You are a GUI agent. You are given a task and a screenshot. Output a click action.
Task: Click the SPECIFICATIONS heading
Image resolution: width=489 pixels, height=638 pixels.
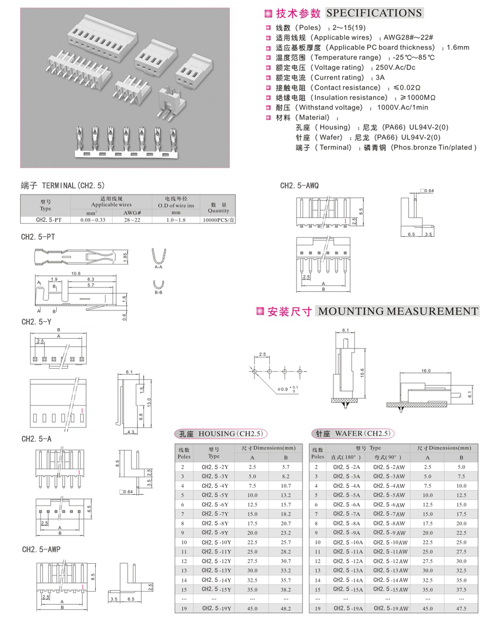pos(374,13)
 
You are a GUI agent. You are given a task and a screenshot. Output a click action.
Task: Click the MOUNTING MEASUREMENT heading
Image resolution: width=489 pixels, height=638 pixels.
pos(397,311)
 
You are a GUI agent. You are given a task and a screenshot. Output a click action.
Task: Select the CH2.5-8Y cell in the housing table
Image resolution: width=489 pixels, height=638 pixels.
pos(214,523)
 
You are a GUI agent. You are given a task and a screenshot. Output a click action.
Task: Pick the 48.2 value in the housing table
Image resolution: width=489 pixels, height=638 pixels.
pos(286,608)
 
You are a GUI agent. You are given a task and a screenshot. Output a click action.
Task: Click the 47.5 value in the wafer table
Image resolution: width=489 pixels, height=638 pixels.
pos(461,608)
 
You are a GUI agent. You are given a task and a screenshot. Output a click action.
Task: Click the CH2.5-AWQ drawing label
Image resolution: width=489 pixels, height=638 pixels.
pos(300,185)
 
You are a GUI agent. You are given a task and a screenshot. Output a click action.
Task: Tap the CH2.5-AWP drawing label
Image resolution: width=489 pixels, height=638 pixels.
pos(41,549)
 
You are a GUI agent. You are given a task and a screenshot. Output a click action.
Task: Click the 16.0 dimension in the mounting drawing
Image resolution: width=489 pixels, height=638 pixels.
pos(425,370)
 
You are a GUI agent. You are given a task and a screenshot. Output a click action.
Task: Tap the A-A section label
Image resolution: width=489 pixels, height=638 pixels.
pos(158,267)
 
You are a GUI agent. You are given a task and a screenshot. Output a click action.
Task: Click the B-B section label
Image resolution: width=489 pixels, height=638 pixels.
pos(158,293)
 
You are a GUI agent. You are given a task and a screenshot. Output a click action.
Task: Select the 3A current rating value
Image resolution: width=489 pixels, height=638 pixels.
pos(380,77)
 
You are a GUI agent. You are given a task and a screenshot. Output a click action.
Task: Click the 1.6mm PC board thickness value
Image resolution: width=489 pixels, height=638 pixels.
pos(457,48)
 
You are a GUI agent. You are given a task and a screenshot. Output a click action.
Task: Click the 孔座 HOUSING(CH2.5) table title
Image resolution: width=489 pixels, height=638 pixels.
pos(221,433)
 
